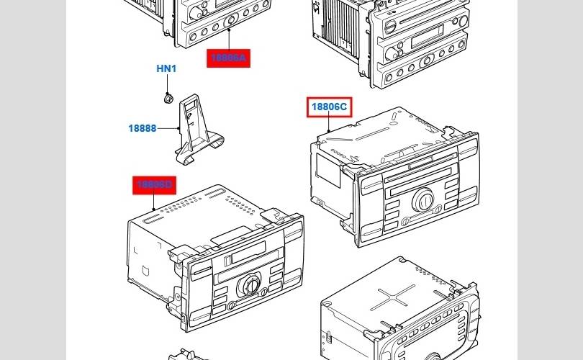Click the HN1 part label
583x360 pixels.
(x=166, y=69)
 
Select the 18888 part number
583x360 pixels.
(x=143, y=128)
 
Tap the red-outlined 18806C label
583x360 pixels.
(x=329, y=108)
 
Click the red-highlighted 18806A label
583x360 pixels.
(x=229, y=58)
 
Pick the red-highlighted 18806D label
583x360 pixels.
(x=154, y=186)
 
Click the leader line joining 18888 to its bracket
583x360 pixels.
(x=168, y=128)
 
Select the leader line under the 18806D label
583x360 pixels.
(x=154, y=202)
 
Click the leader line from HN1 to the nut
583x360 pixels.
(x=166, y=83)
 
